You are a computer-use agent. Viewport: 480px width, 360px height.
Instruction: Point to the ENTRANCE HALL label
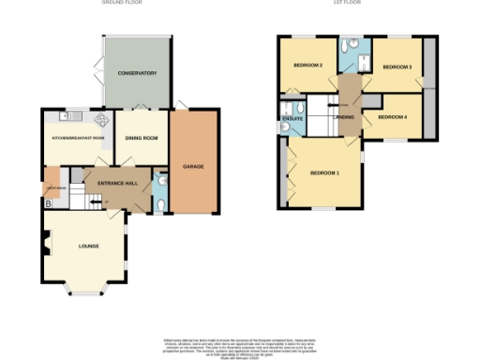(x=111, y=182)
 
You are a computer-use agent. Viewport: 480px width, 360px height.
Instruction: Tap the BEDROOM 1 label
(x=324, y=172)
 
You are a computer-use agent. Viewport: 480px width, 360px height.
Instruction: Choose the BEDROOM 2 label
(x=308, y=66)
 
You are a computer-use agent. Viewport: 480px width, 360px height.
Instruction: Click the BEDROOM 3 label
(x=397, y=67)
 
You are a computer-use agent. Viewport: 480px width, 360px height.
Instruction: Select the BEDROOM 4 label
(x=393, y=117)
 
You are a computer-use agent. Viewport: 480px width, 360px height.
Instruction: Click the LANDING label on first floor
(x=344, y=117)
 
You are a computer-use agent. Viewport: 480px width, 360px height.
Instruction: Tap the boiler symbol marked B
(x=48, y=202)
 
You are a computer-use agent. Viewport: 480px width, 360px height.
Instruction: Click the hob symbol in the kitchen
(x=100, y=119)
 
